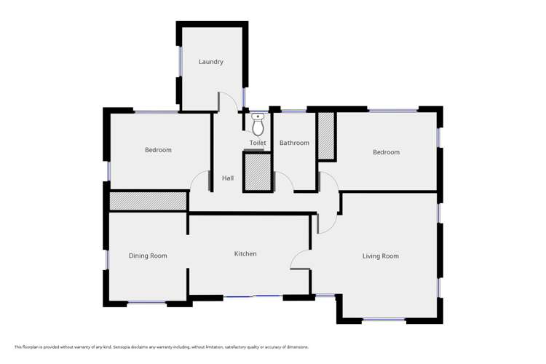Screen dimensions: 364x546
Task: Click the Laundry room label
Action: pos(211,62)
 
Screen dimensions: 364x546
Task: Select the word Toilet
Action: pos(258,143)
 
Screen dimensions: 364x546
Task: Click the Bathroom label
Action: pos(295,143)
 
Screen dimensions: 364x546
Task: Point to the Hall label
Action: pos(228,178)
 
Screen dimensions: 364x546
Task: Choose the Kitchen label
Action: pos(245,254)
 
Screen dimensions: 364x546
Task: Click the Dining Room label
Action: pos(148,256)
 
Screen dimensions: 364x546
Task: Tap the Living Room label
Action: pos(381,256)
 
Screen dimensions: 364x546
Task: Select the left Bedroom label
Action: pos(158,150)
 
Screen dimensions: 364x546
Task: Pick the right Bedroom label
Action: pos(386,152)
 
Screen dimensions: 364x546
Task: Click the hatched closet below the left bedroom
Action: pos(148,201)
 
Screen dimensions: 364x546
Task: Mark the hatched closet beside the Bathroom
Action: pos(326,135)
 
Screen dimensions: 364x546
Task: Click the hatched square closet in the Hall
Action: pos(258,173)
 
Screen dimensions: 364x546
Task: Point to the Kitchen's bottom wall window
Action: pos(253,296)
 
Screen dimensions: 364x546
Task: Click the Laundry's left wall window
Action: pos(180,62)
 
